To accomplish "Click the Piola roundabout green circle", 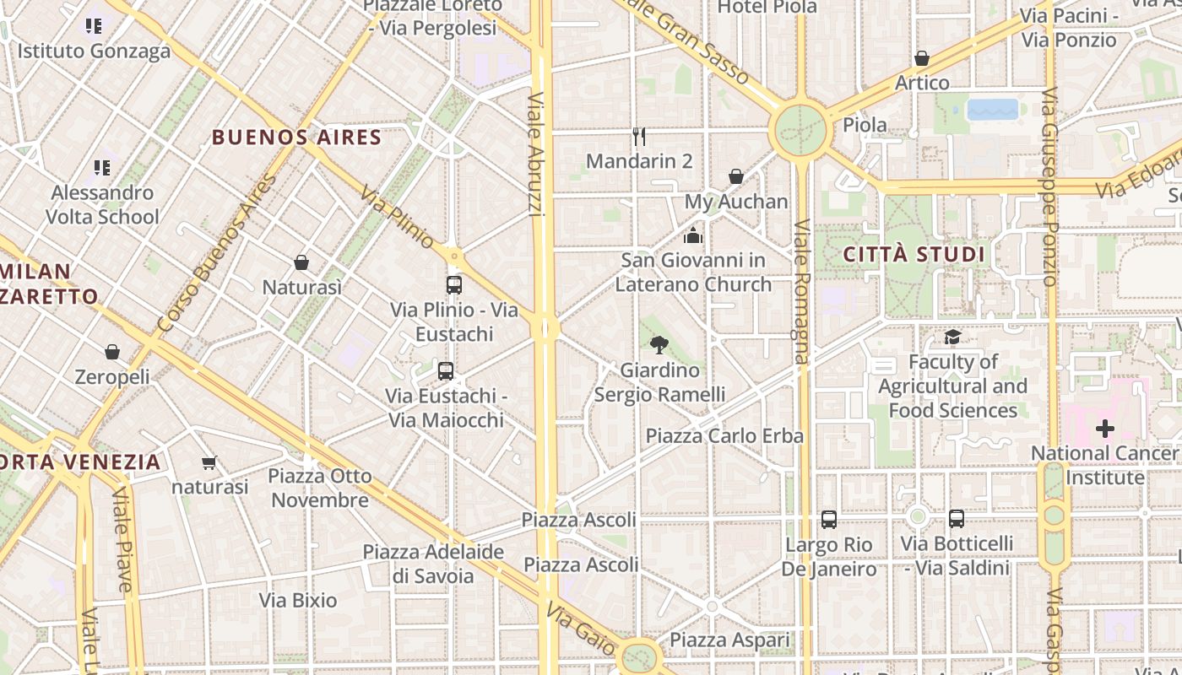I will (799, 130).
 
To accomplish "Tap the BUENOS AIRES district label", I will (296, 137).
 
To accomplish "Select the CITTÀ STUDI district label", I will (914, 254).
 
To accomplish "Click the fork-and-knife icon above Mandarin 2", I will (639, 136).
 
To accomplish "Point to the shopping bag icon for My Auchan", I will (736, 176).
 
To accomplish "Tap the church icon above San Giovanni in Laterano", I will (693, 235).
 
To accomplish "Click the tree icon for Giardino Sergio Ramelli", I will (659, 344).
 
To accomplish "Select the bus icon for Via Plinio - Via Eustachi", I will (454, 284).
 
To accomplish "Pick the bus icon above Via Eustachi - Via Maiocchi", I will (446, 370).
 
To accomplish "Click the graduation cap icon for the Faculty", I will (952, 337).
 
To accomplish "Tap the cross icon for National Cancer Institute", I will (1104, 429).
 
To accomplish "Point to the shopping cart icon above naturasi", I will (209, 462).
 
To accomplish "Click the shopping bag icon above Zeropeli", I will (112, 351).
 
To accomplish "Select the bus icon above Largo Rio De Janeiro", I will (829, 520).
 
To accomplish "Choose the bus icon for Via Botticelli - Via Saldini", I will (957, 519).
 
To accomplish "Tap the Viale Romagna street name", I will (801, 291).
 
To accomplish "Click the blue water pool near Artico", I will (993, 110).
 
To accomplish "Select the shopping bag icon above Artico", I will (922, 58).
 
